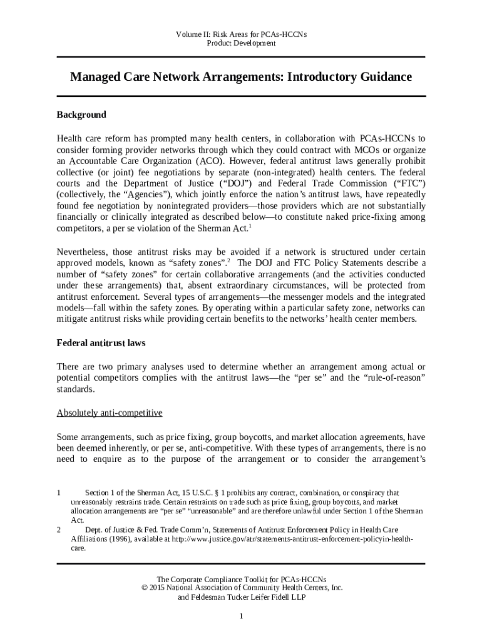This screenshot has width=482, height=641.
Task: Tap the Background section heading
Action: click(x=81, y=115)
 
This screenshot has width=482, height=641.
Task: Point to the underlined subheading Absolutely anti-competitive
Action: click(x=110, y=413)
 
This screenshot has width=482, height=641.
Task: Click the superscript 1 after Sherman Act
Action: click(x=250, y=227)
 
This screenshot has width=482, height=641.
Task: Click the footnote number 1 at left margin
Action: click(x=58, y=493)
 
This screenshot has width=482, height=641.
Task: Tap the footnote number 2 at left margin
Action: click(x=58, y=529)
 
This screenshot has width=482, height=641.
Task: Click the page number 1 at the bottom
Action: click(x=241, y=617)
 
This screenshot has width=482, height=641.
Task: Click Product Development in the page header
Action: click(x=241, y=44)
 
